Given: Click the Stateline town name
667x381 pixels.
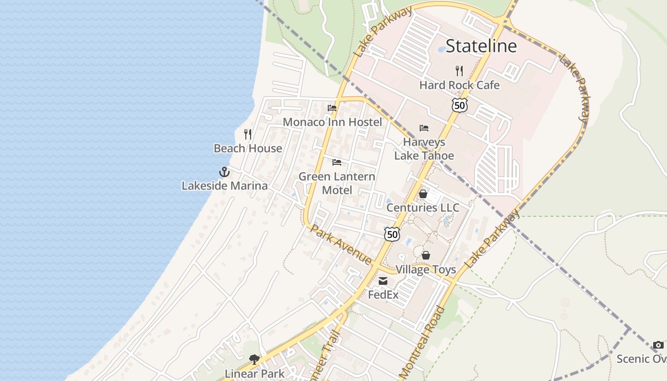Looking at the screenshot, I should tap(481, 46).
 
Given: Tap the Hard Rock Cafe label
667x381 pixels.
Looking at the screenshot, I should tap(459, 85).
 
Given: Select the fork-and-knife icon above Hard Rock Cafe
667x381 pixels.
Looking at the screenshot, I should tap(459, 71).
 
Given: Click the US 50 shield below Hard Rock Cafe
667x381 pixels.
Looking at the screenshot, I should tap(460, 105).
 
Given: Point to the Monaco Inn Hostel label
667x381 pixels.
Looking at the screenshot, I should tap(332, 122).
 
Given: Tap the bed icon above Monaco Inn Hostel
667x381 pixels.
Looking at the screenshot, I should tap(332, 108).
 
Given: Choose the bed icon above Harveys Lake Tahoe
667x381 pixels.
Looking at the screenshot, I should tap(424, 128).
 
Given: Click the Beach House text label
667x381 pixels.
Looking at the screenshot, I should tap(248, 149).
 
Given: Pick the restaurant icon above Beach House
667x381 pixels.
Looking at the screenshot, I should tap(248, 134).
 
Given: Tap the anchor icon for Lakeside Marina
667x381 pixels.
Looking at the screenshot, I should tap(224, 172).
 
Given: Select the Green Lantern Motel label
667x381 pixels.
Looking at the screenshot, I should tap(337, 183).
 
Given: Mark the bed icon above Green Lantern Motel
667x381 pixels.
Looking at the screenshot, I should tap(337, 162).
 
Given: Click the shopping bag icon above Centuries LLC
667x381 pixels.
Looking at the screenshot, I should tap(423, 194).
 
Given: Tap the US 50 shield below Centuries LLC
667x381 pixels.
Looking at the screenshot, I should tap(392, 234).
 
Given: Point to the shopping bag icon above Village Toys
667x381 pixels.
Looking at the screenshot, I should tap(426, 256).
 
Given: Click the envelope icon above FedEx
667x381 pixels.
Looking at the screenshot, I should tap(383, 281).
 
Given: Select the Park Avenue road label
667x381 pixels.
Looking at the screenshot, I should tap(341, 245).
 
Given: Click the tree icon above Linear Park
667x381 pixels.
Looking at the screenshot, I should tap(254, 360).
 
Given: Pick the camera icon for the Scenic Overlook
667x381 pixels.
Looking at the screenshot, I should tap(658, 345).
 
